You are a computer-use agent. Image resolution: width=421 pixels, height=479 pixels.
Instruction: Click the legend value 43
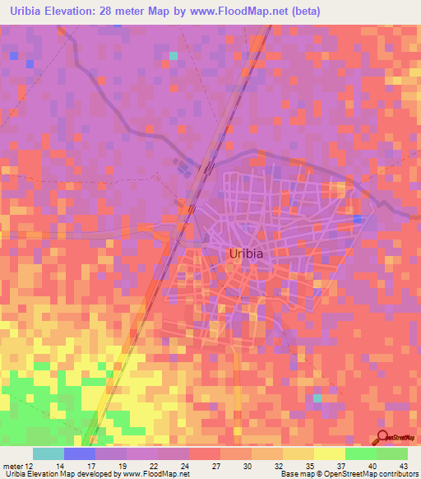tap(404, 464)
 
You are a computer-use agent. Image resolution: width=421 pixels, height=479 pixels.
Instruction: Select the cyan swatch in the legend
tap(49, 453)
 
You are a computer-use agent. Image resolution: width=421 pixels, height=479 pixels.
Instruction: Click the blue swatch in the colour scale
tap(80, 453)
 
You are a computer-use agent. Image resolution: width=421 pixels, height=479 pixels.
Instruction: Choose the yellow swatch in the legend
tap(329, 453)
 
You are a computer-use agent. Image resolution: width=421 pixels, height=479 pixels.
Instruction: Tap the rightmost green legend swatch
tap(391, 453)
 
